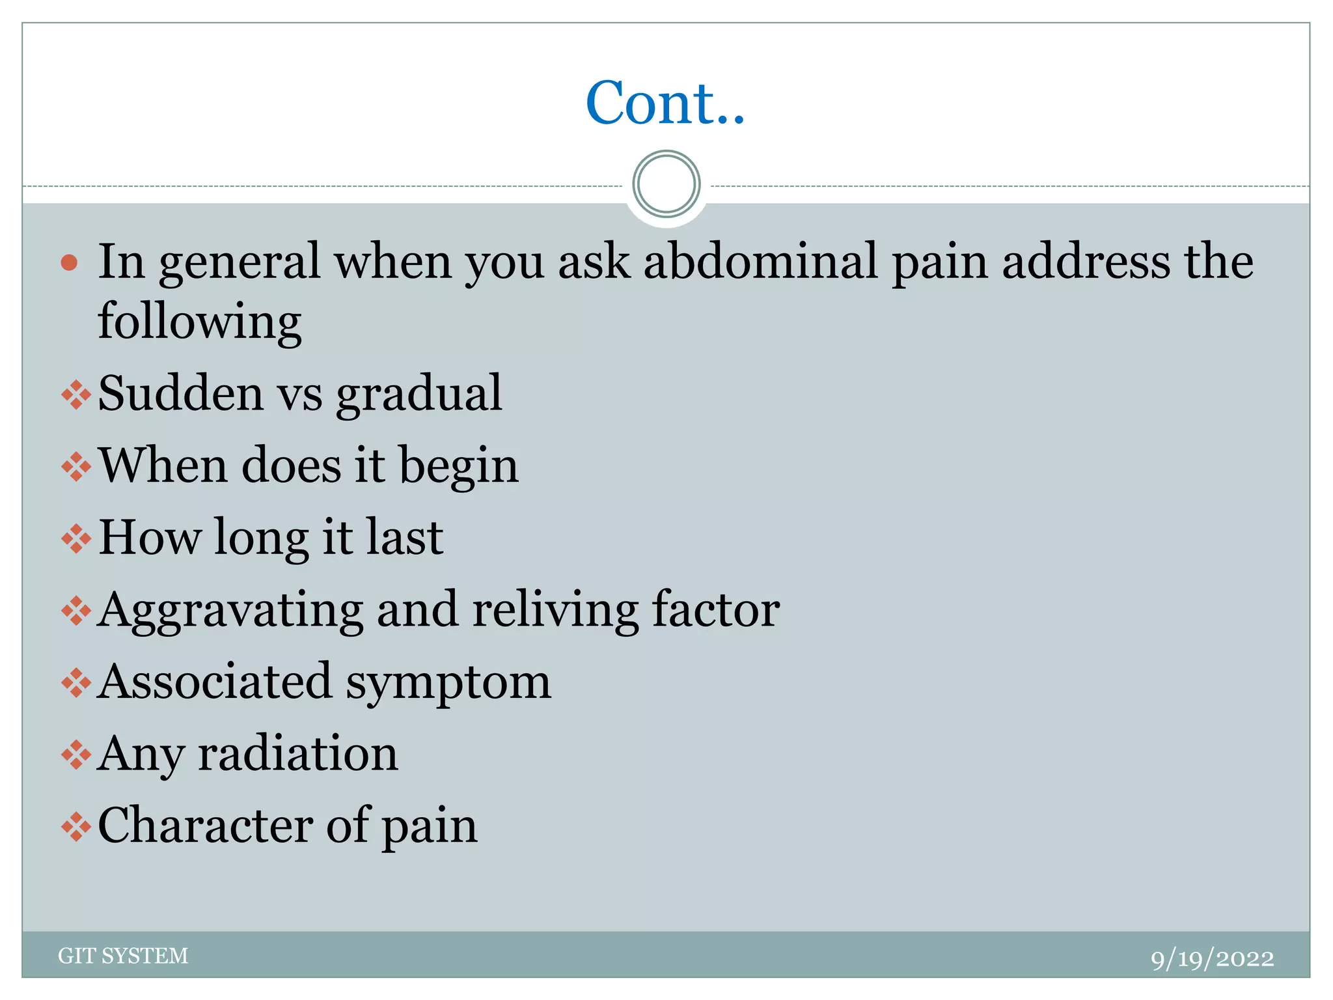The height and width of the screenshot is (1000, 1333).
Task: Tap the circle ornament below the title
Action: click(x=666, y=184)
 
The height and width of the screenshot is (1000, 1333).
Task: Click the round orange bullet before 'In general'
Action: click(x=69, y=263)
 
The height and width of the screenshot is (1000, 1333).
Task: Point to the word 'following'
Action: click(x=199, y=322)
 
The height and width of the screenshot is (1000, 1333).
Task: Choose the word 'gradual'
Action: click(x=419, y=395)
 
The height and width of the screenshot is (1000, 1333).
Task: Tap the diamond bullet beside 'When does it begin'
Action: click(x=76, y=467)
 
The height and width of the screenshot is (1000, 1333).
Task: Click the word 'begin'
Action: click(x=459, y=467)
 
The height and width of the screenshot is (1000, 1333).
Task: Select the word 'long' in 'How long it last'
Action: click(x=262, y=538)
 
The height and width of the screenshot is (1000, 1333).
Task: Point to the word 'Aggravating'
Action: click(x=230, y=611)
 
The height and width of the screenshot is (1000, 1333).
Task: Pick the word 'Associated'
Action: click(x=214, y=682)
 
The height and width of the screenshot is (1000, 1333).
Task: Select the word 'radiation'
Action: click(x=297, y=753)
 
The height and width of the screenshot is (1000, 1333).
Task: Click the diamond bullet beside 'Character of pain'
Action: click(x=76, y=827)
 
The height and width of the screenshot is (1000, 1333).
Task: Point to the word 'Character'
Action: click(x=204, y=826)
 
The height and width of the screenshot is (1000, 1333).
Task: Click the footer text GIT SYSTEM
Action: click(x=123, y=956)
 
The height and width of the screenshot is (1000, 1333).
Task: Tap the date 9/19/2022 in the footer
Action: click(x=1212, y=958)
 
